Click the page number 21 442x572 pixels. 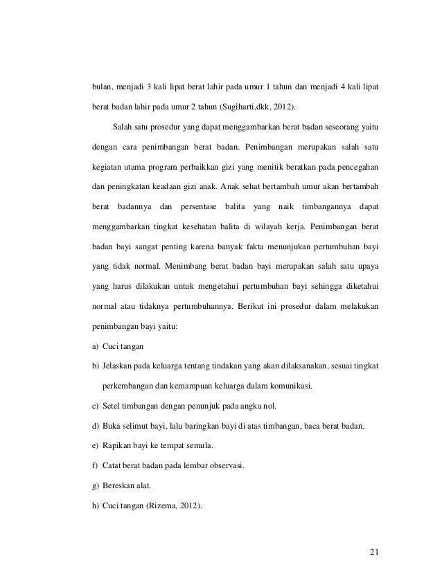tap(375, 551)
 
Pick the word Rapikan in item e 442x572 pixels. tap(117, 445)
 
